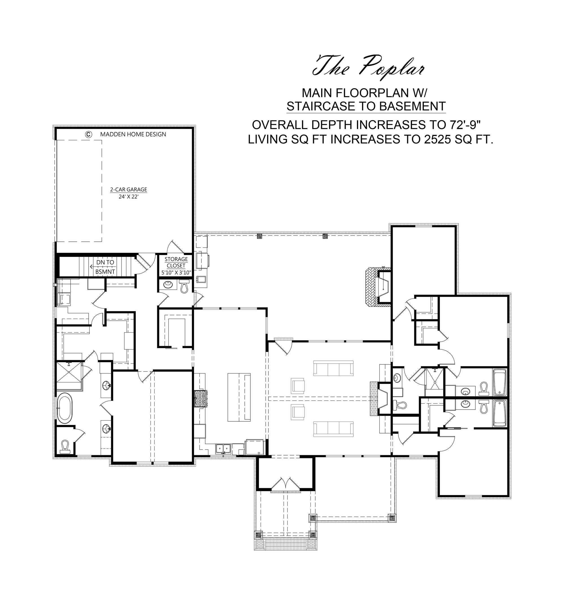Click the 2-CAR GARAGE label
pos(128,190)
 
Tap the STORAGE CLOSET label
pos(176,262)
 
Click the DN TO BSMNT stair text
pos(105,267)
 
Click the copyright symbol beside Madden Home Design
pos(88,134)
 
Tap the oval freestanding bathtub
pos(64,408)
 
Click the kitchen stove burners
pos(201,399)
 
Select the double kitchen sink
pos(223,448)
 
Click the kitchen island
pos(239,397)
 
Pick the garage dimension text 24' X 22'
pos(128,197)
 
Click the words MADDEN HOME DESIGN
pos(133,134)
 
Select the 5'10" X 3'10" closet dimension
pos(176,273)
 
